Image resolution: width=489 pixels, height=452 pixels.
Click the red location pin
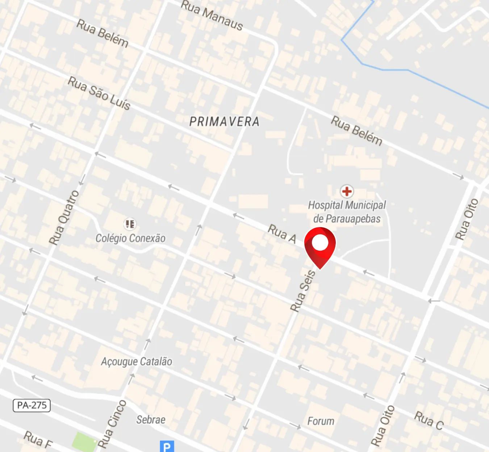[320, 246]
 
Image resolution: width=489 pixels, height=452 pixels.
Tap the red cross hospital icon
[347, 191]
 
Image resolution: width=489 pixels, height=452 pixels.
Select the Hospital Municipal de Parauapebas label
[347, 212]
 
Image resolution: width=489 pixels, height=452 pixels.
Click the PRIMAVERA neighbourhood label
[224, 122]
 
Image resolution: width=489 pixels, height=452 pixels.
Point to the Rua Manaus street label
[212, 15]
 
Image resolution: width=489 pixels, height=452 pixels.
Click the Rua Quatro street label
[64, 218]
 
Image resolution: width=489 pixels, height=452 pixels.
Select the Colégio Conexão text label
[130, 238]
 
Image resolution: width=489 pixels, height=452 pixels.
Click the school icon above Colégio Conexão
[130, 224]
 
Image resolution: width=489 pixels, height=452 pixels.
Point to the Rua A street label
[282, 234]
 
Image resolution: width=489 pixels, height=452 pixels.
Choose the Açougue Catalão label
[136, 361]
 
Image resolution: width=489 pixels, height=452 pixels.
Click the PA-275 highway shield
[32, 405]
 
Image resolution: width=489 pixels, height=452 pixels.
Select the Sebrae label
[151, 420]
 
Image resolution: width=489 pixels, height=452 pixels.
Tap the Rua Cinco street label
[112, 424]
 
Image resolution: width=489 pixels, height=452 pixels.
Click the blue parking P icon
[167, 446]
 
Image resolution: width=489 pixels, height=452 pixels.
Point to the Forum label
[321, 421]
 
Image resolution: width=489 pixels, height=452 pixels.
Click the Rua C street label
[429, 420]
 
